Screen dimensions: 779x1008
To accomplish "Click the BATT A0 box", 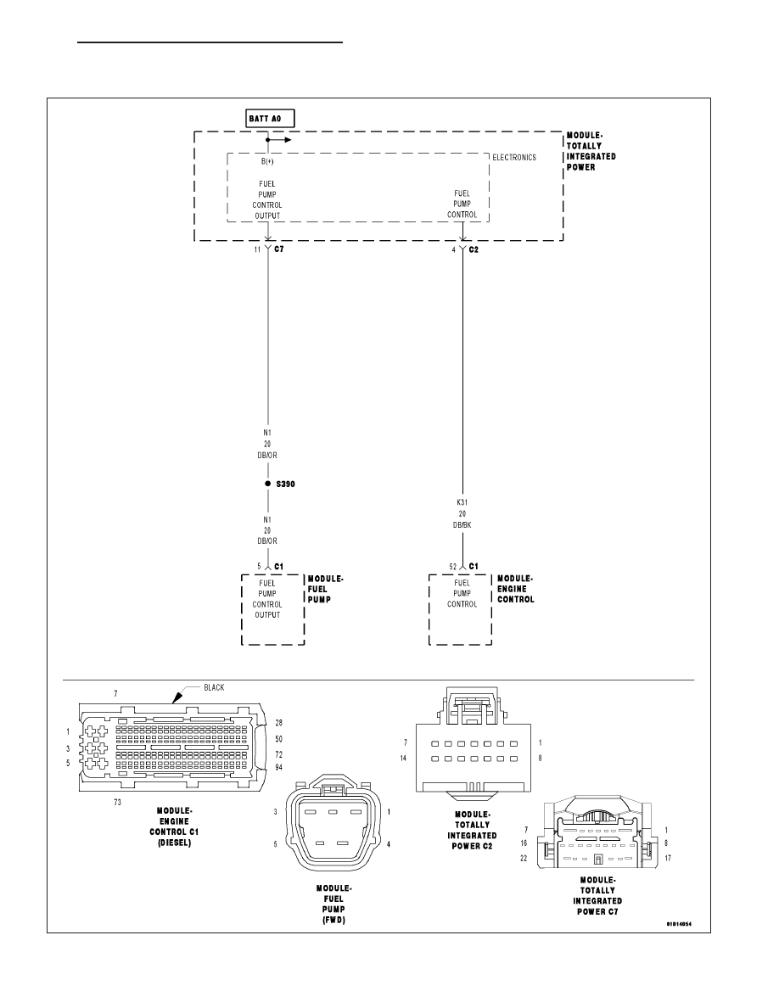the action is click(x=270, y=119).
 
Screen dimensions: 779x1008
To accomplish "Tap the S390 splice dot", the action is click(x=268, y=484).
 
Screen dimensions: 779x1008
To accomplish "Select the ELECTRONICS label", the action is click(x=514, y=158).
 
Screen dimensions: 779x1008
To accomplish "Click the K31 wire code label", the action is click(x=462, y=502).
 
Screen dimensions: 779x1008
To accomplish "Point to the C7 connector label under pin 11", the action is click(x=279, y=249).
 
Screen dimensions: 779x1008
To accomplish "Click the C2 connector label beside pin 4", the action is click(x=474, y=249).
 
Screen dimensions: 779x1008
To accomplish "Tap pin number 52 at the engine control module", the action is click(x=453, y=567).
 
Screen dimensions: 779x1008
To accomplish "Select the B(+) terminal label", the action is click(x=267, y=161).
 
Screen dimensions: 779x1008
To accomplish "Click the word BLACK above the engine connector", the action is click(x=214, y=688).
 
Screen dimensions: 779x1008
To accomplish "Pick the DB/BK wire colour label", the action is click(x=462, y=525).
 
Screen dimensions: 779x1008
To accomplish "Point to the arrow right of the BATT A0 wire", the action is click(x=279, y=139).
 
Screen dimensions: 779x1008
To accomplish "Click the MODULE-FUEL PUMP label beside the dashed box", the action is click(x=326, y=590).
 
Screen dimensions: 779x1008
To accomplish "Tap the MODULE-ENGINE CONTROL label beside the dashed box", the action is click(x=515, y=590).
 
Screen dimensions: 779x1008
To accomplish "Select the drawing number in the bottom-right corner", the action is click(x=679, y=925).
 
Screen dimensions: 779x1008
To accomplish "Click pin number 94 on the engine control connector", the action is click(x=279, y=768).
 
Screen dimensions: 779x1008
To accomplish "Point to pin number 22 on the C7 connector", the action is click(x=524, y=859).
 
